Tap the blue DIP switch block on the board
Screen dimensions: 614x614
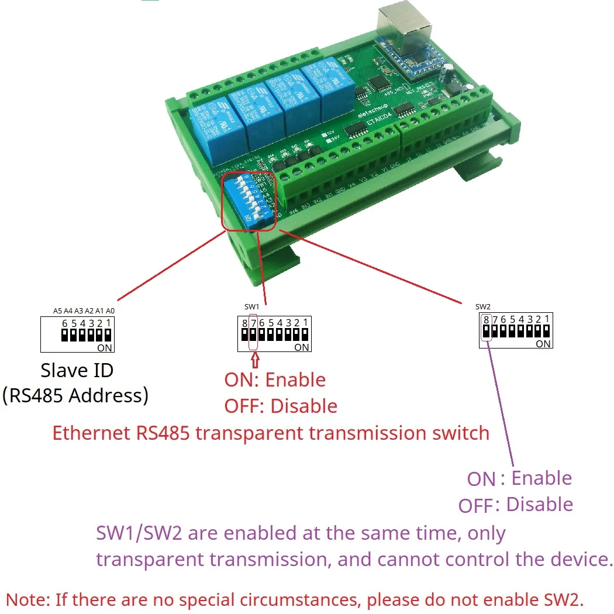[248, 199]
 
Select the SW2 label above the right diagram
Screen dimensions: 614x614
[482, 306]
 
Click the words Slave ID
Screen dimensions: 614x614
[77, 370]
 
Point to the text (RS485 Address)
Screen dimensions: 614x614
[75, 396]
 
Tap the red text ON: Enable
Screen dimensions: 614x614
[275, 380]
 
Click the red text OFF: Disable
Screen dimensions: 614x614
[281, 406]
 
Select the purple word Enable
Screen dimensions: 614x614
[541, 478]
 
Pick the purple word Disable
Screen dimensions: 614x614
[539, 504]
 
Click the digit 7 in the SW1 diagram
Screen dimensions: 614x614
[253, 322]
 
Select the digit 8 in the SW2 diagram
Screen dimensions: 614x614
[486, 319]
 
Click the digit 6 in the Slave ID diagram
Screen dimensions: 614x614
[65, 323]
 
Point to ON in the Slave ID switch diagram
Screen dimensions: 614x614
[105, 347]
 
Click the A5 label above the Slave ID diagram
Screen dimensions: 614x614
[57, 311]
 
